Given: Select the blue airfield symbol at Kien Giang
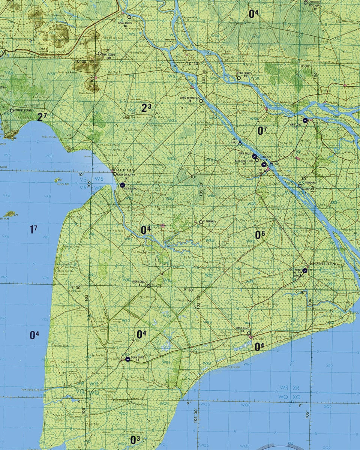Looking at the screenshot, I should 122,184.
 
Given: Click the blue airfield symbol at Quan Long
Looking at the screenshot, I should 128,359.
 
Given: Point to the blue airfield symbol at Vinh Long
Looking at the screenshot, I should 305,120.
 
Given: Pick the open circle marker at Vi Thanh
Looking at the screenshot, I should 201,222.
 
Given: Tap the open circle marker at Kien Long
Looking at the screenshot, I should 148,286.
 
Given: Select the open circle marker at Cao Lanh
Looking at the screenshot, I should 239,78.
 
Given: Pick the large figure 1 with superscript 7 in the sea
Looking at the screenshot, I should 33,229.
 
